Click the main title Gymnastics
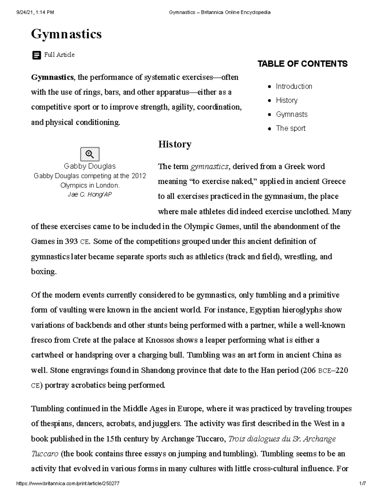click(x=66, y=34)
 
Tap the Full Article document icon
click(x=37, y=55)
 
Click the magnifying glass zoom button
click(x=90, y=154)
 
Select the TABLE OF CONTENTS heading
click(x=302, y=64)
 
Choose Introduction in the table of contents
click(x=294, y=87)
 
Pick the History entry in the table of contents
click(x=287, y=101)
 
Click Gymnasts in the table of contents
click(x=292, y=114)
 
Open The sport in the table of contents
click(x=290, y=128)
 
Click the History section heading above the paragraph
click(x=175, y=144)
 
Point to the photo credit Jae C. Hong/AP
click(x=90, y=195)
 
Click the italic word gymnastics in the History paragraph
click(x=209, y=166)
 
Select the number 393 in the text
click(x=71, y=241)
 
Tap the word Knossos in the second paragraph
click(x=160, y=340)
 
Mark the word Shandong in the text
click(x=158, y=370)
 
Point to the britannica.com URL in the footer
click(x=68, y=484)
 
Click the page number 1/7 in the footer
click(x=362, y=484)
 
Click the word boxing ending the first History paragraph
click(x=43, y=272)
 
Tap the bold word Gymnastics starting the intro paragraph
click(x=52, y=78)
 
